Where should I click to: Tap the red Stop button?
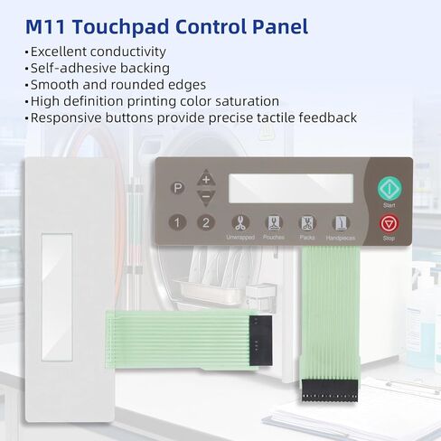[389, 222]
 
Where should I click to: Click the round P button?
[178, 188]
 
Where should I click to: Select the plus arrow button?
[206, 178]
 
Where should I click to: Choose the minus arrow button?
[206, 195]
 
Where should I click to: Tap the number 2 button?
[206, 222]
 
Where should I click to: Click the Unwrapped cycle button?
[240, 222]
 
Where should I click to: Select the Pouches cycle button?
[273, 222]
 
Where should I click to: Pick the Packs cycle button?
[306, 222]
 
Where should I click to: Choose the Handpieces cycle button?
[340, 222]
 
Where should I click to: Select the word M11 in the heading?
[48, 25]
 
